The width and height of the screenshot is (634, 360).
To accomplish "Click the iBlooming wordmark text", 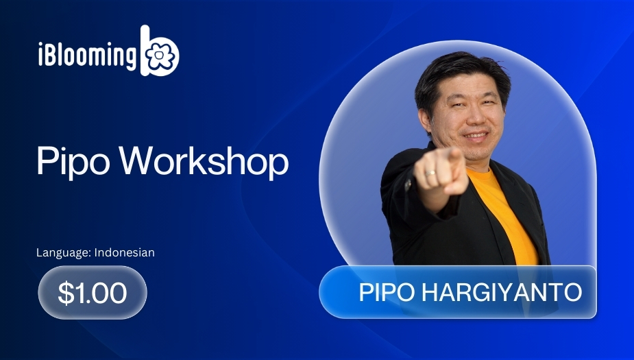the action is pyautogui.click(x=87, y=55).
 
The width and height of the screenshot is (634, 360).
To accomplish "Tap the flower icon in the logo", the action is pyautogui.click(x=160, y=57).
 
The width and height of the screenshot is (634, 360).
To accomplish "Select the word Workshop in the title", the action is pyautogui.click(x=204, y=160).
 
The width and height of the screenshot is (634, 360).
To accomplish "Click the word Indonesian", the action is pyautogui.click(x=125, y=252).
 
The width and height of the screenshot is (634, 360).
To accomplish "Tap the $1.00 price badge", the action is pyautogui.click(x=93, y=292).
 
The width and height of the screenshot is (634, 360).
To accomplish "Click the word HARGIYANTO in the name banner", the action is pyautogui.click(x=502, y=292).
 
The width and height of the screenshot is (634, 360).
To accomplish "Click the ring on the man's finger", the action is pyautogui.click(x=429, y=173).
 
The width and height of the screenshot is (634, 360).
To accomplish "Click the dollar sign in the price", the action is pyautogui.click(x=66, y=292).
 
